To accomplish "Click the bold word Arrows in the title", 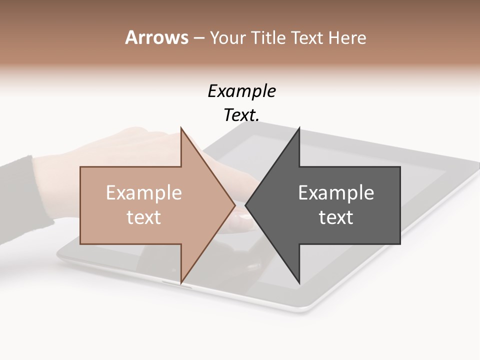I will (156, 37).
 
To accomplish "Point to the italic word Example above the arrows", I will (241, 91).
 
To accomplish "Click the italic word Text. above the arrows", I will (241, 115).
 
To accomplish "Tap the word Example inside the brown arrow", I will (144, 192).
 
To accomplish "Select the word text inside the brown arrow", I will (144, 217).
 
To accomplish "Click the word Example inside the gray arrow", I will (336, 192).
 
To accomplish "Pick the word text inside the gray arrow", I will (336, 217).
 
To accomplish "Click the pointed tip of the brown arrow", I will (234, 205).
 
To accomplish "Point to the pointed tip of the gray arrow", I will (245, 205).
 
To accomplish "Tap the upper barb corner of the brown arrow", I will (181, 128).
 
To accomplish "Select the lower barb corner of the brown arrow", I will (181, 282).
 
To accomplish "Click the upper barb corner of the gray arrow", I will (299, 128).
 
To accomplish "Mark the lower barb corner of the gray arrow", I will (299, 282).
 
